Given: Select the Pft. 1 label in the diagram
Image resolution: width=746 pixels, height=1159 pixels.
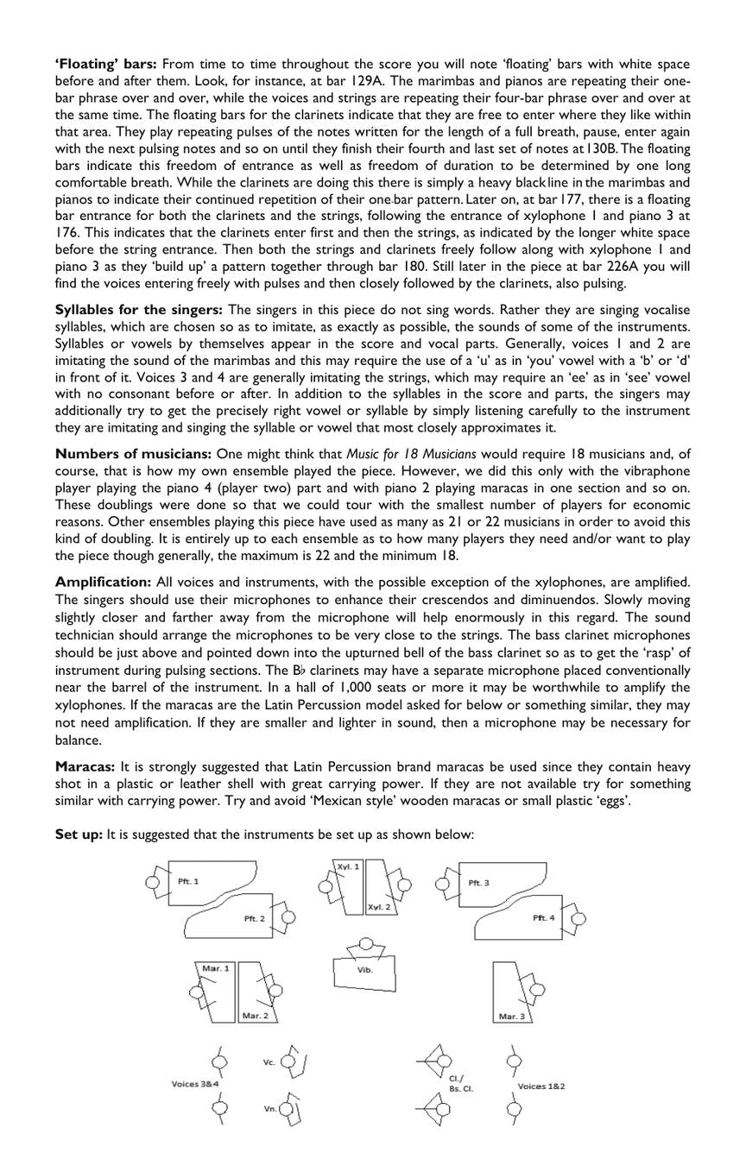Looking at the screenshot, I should [x=188, y=881].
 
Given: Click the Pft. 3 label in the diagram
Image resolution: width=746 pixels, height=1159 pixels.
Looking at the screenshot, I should [x=479, y=883].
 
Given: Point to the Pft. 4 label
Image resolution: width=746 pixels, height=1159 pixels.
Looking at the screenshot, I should [x=544, y=917].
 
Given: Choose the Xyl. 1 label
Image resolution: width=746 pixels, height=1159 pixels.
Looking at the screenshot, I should [x=348, y=866].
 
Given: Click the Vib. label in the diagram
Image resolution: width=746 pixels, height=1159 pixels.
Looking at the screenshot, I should [x=365, y=969].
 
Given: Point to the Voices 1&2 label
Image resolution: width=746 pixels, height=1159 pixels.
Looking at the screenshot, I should [x=541, y=1086].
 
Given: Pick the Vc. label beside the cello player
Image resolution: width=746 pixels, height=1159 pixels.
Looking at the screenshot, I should [x=269, y=1062].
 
